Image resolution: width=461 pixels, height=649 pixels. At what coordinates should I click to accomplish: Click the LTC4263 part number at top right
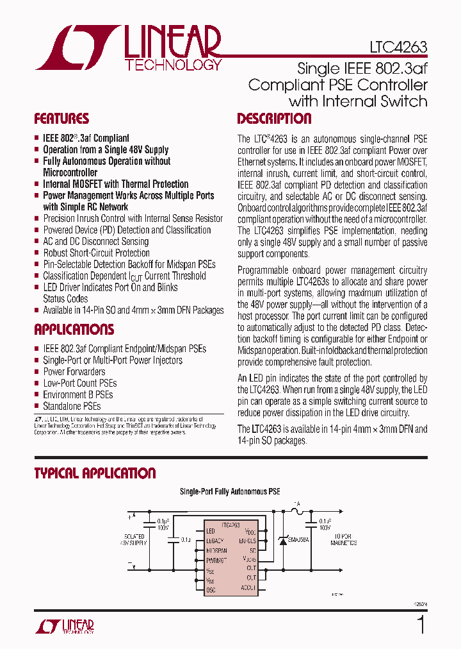[x=398, y=47]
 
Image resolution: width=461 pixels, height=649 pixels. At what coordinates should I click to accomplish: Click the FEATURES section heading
[x=61, y=119]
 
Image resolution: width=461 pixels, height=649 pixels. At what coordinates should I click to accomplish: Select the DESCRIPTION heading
[x=274, y=119]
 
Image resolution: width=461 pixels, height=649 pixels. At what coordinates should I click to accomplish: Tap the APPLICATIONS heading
[x=74, y=330]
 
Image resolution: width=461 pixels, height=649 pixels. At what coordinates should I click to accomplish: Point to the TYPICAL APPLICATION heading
[x=95, y=473]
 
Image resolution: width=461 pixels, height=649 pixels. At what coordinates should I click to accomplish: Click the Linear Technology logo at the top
[x=129, y=48]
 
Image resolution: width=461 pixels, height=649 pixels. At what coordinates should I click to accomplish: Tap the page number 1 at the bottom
[x=421, y=625]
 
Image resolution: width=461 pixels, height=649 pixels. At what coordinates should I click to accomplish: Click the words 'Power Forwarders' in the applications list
[x=74, y=371]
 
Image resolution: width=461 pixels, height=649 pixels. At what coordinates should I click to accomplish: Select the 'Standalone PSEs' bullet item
[x=72, y=406]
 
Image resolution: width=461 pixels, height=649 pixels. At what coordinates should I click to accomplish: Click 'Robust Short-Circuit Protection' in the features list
[x=96, y=253]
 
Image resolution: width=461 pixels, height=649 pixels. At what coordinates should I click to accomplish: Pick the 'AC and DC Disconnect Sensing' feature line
[x=95, y=241]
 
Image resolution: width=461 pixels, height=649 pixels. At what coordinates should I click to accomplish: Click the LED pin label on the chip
[x=211, y=531]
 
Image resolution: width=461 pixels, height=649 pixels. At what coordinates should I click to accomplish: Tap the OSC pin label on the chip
[x=211, y=589]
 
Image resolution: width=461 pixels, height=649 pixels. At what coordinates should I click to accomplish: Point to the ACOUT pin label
[x=248, y=587]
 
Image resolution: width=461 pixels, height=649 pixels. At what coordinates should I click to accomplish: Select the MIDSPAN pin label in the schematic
[x=216, y=550]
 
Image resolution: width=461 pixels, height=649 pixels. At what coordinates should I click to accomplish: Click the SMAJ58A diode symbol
[x=283, y=540]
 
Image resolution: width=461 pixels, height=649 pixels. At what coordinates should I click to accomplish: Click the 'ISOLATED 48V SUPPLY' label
[x=134, y=539]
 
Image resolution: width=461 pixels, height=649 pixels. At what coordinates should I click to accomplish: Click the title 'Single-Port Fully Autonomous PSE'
[x=230, y=492]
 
